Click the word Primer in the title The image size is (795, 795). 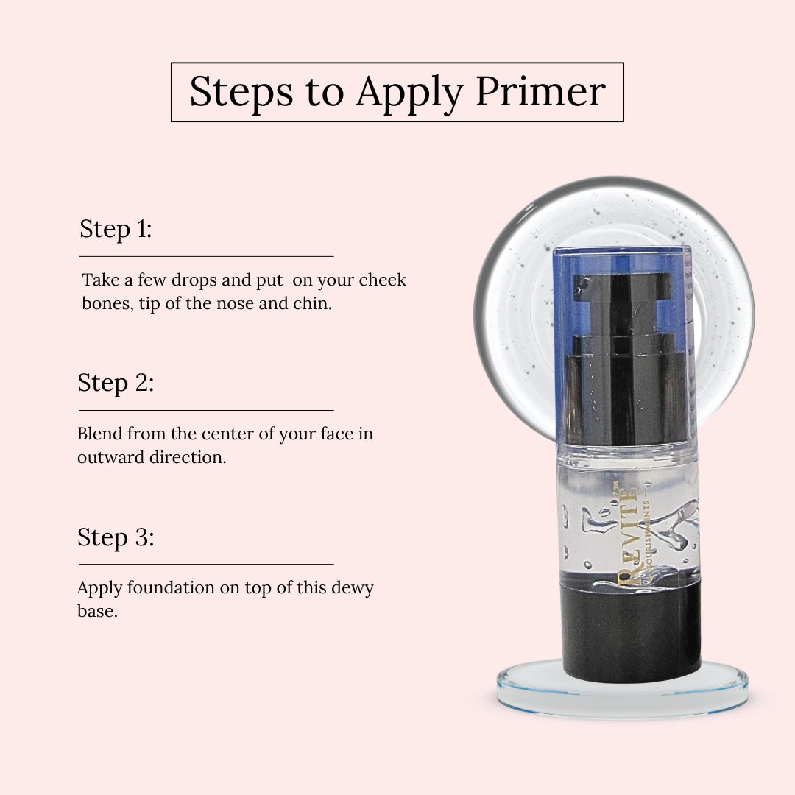pos(540,92)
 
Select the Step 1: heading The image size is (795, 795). pos(116,229)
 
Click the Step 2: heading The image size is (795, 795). pos(116,383)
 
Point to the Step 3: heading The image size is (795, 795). pos(116,537)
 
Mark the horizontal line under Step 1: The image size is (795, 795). pos(206,256)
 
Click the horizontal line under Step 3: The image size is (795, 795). pos(206,564)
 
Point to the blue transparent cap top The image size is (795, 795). pos(622,258)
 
